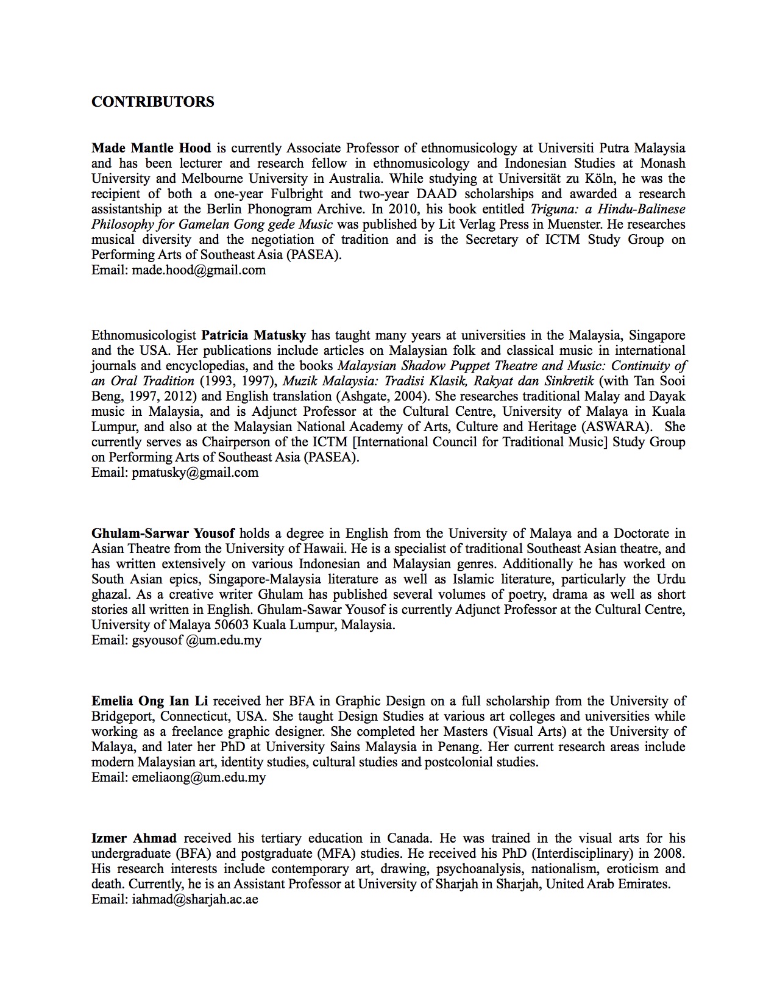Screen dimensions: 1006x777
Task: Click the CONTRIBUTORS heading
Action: pos(152,102)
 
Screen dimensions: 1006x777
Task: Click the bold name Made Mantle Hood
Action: pos(151,148)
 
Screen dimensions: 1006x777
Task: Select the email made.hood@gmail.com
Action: pos(199,270)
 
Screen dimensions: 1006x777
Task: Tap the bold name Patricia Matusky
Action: pos(254,335)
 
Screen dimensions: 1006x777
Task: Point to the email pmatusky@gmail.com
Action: pos(195,473)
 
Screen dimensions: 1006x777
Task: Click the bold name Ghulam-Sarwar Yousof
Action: pos(163,533)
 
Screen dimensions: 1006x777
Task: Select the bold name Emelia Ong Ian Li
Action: pos(150,701)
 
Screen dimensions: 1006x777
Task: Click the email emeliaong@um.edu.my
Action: pos(199,777)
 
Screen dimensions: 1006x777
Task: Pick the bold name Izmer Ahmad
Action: pos(134,838)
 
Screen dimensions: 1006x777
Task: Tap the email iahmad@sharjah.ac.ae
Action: pos(195,899)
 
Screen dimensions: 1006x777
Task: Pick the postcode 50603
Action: pos(231,625)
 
